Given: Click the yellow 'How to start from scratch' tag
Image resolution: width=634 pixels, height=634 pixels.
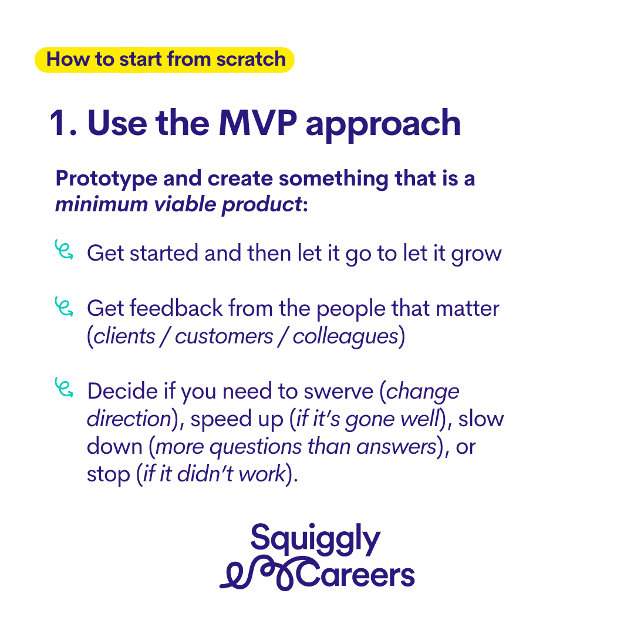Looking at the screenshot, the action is tap(164, 59).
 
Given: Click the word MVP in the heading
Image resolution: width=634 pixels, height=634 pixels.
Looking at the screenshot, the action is tap(258, 123).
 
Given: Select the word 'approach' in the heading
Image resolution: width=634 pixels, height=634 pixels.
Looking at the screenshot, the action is tap(383, 126).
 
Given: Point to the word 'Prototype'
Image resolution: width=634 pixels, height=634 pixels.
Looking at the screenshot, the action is tap(106, 179).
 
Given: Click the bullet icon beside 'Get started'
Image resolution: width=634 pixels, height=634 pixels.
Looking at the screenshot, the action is tap(64, 249).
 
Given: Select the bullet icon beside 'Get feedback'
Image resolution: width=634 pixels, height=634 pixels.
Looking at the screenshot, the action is tap(64, 306).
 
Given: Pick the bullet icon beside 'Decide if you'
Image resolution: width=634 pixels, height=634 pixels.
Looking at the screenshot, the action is tap(64, 387).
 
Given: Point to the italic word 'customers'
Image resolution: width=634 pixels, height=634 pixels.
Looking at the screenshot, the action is tap(224, 336).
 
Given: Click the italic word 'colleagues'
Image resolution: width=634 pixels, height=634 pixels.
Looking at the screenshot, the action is tap(346, 338).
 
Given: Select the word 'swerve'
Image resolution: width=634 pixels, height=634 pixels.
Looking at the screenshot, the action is tap(339, 392).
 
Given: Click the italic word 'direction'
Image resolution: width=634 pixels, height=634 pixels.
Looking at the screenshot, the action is tap(130, 419).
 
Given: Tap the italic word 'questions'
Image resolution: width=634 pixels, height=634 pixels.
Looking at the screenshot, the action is tap(255, 447).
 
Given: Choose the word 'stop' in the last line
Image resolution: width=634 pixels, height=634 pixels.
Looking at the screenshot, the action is tap(109, 475).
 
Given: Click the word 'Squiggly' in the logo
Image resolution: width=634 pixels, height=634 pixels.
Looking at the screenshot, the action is tap(315, 539).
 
